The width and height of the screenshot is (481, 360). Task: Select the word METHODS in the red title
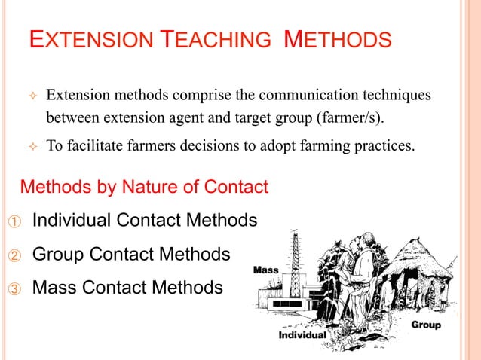click(338, 38)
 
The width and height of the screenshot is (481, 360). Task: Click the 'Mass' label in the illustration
click(265, 269)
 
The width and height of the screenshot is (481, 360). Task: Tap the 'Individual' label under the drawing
click(302, 334)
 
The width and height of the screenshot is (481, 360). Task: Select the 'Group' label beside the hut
click(426, 325)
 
